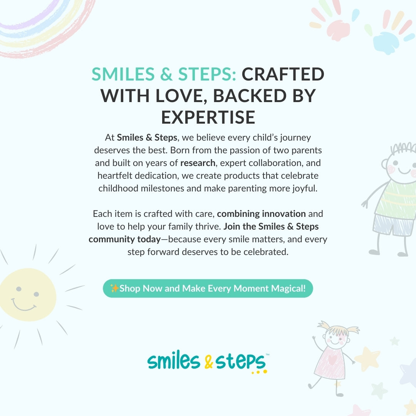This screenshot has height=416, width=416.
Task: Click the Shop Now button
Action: point(208,289)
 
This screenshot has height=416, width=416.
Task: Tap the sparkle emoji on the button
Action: point(114,288)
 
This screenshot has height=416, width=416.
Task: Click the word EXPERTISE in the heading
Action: point(208,117)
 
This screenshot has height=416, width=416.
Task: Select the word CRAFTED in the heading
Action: point(283,74)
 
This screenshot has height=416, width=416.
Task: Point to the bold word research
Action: point(198,163)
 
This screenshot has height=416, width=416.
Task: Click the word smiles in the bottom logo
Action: point(173,361)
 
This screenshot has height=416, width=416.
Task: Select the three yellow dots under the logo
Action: point(259,372)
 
